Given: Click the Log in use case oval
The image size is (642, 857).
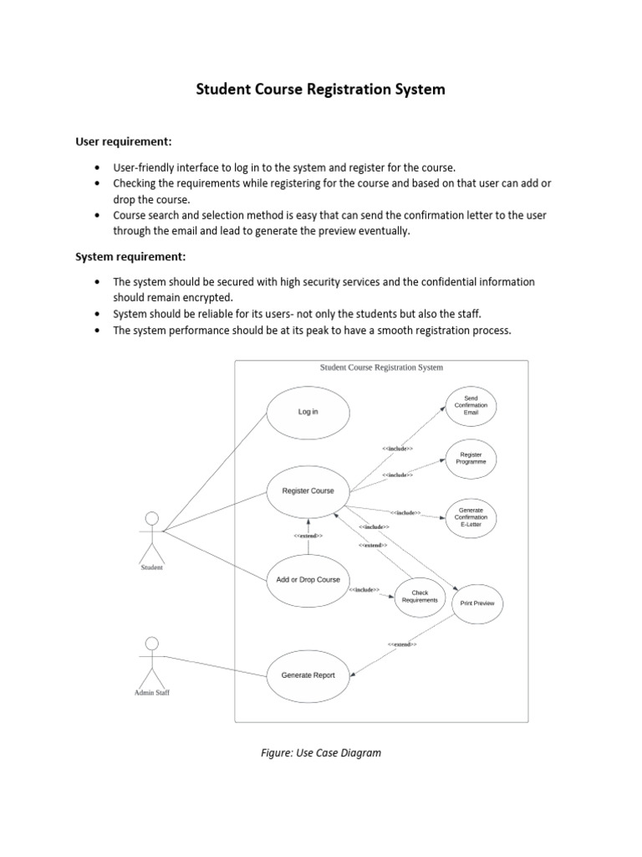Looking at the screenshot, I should (x=308, y=412).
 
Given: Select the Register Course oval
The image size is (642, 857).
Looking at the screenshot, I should (x=308, y=491).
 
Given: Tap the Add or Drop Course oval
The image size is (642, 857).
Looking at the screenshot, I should (x=308, y=580).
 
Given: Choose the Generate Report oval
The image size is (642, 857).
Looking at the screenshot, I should (x=308, y=675).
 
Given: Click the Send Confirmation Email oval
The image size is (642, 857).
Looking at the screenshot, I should (x=471, y=405).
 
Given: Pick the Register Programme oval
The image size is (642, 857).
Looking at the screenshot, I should (x=471, y=459).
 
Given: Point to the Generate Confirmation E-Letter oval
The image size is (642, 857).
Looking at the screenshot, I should (x=471, y=517).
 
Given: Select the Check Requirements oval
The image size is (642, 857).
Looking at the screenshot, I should (x=419, y=597).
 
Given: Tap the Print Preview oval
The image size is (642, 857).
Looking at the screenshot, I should (x=477, y=603).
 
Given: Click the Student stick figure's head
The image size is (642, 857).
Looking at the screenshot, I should (x=151, y=516).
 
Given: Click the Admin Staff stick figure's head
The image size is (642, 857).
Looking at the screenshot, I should (x=151, y=643).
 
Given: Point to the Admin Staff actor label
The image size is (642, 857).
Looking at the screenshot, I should (x=151, y=693).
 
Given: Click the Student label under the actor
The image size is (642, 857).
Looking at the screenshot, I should (x=151, y=567).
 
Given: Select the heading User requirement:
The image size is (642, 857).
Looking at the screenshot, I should (x=124, y=141).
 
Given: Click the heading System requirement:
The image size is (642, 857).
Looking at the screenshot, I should (x=131, y=256).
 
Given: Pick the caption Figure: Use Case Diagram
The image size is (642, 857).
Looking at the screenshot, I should (x=321, y=752).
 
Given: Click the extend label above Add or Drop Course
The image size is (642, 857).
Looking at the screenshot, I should (x=308, y=536).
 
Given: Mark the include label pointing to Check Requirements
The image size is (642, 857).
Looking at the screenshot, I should (x=364, y=590).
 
